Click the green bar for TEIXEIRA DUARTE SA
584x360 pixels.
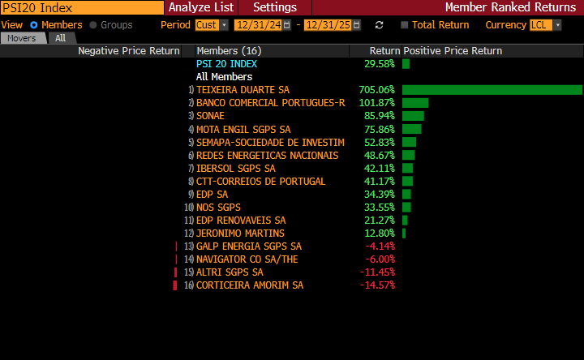click(x=492, y=90)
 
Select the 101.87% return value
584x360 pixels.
click(x=376, y=103)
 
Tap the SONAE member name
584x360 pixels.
click(x=210, y=116)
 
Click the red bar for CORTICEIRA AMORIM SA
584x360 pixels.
click(x=174, y=285)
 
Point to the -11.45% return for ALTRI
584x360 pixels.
click(x=377, y=272)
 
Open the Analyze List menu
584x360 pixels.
click(x=201, y=7)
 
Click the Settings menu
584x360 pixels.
click(x=275, y=7)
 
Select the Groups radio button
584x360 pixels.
click(x=93, y=25)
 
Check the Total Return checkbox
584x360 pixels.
click(x=406, y=25)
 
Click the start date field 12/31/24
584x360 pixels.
click(x=258, y=25)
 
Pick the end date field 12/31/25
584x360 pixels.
click(x=327, y=25)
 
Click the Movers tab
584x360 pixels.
click(x=22, y=38)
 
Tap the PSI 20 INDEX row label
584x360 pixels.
click(x=226, y=64)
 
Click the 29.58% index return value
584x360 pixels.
click(x=379, y=64)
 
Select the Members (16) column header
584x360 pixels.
click(x=229, y=51)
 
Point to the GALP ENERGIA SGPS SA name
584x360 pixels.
click(x=248, y=246)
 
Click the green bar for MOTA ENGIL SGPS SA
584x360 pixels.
click(x=411, y=129)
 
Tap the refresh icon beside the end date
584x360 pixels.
click(x=379, y=25)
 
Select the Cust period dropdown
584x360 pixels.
click(x=212, y=25)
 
